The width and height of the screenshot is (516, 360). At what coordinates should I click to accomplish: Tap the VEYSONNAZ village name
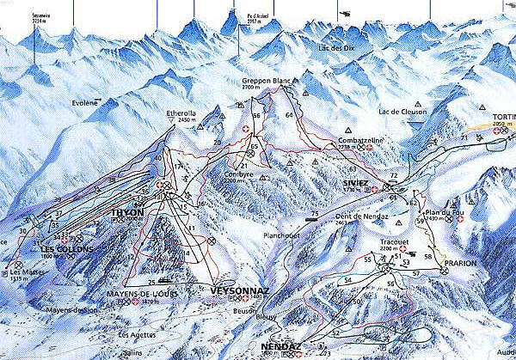tap(234, 290)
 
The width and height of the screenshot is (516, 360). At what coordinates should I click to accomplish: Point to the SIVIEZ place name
tap(356, 182)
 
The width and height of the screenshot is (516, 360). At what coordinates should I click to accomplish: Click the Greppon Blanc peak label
tap(263, 80)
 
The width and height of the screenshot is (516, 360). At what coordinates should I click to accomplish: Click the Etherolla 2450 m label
tap(181, 113)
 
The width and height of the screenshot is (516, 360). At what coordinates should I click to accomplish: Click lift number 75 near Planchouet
tap(315, 213)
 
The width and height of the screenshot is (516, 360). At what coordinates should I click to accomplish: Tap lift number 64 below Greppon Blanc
tap(289, 114)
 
